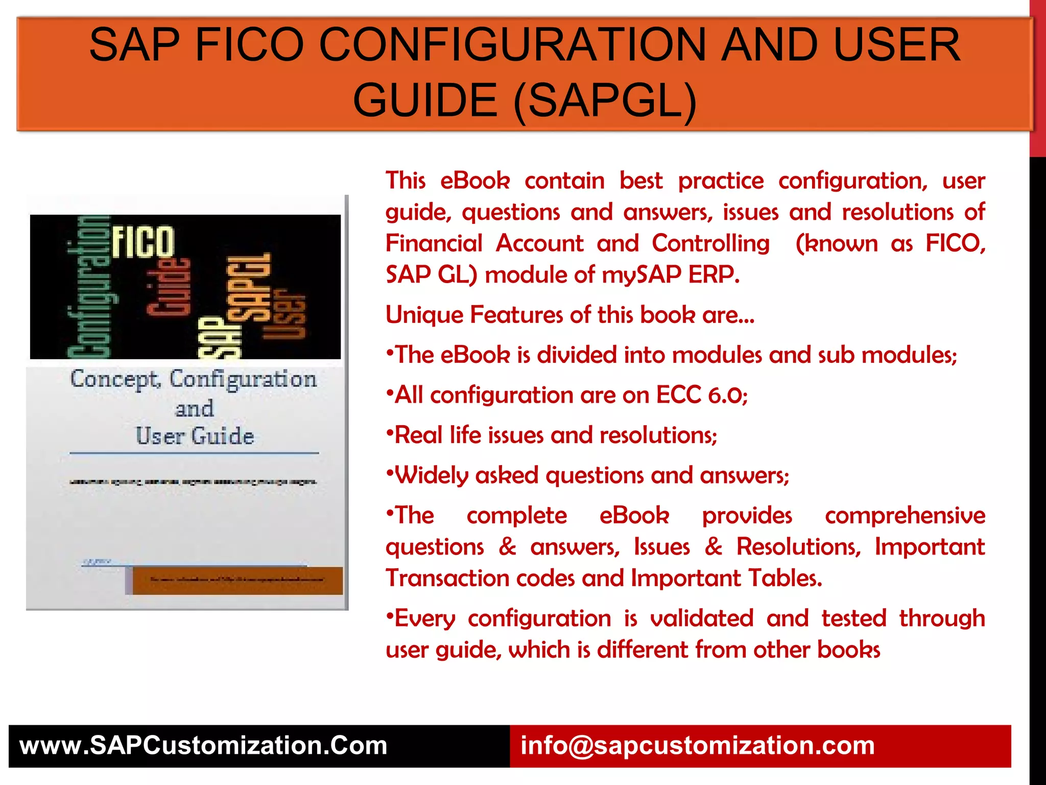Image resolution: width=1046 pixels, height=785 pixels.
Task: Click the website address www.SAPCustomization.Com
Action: (x=203, y=746)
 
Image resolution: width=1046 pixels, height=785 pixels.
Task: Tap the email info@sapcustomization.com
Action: (x=697, y=746)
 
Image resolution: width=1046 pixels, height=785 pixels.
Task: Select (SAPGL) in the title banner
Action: (x=605, y=100)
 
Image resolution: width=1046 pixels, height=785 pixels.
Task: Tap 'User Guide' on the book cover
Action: (x=195, y=436)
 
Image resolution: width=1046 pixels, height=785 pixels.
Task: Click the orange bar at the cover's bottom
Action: (x=237, y=580)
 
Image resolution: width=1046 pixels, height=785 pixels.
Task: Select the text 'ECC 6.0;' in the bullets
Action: (x=702, y=395)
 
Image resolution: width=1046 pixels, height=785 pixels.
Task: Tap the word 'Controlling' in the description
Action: (x=710, y=243)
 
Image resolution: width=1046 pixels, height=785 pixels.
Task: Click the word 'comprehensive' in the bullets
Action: (x=905, y=516)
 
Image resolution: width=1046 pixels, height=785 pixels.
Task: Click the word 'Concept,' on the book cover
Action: (x=115, y=379)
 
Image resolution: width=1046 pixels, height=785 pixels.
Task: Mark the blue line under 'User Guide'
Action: (x=194, y=453)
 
